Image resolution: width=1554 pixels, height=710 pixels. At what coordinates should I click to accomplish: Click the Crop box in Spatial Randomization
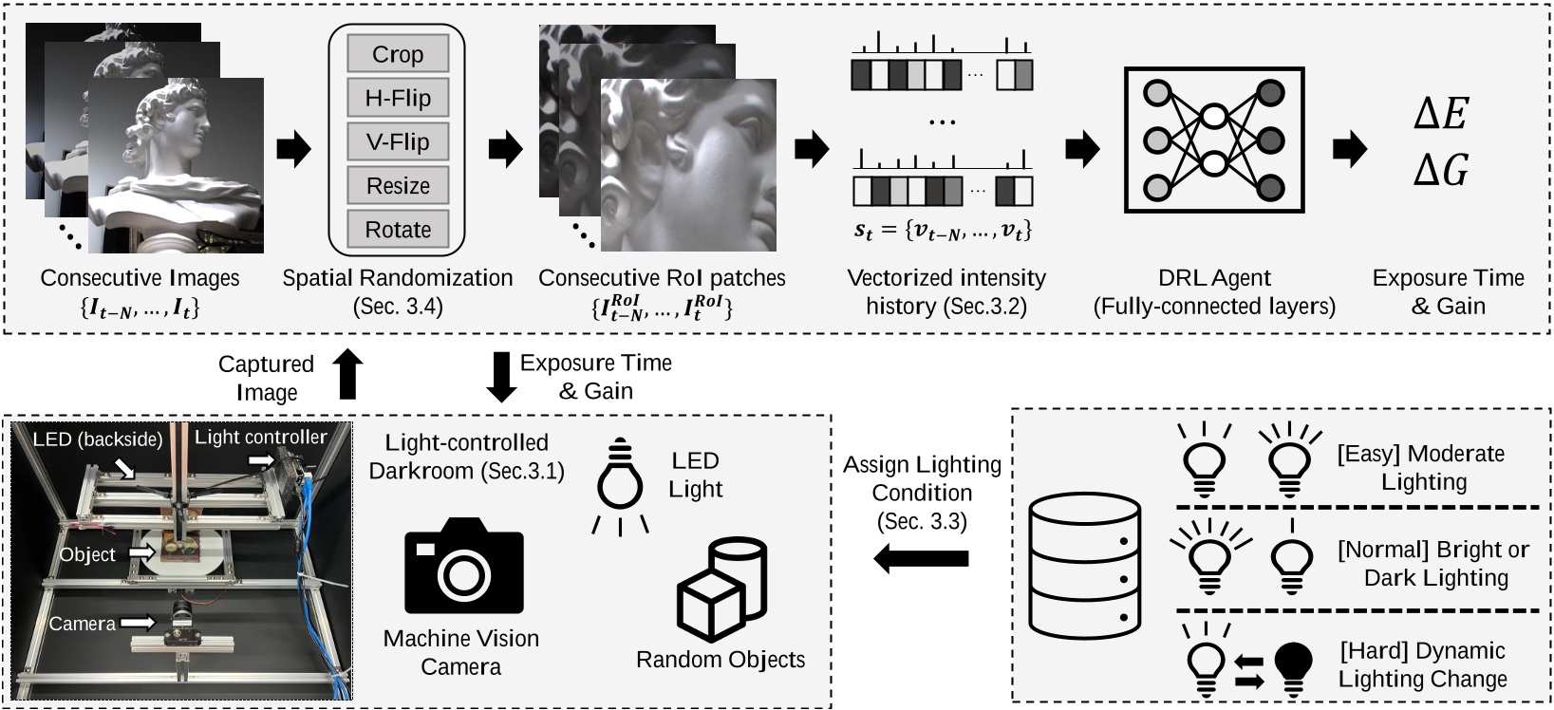pyautogui.click(x=397, y=54)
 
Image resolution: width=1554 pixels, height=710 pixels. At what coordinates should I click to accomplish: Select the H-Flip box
pyautogui.click(x=397, y=98)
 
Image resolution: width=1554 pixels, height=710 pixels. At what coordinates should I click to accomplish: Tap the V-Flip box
pyautogui.click(x=397, y=141)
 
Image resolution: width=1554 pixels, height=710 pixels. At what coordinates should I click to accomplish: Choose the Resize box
pyautogui.click(x=397, y=185)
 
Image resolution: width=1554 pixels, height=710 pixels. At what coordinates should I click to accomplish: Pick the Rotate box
pyautogui.click(x=397, y=229)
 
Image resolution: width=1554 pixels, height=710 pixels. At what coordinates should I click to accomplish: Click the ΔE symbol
pyautogui.click(x=1440, y=115)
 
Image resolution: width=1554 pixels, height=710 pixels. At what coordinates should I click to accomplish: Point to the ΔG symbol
pyautogui.click(x=1440, y=171)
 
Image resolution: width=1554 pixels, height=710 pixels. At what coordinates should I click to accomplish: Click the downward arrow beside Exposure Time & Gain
pyautogui.click(x=501, y=377)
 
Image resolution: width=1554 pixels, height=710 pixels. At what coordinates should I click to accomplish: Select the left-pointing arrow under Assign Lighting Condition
pyautogui.click(x=920, y=559)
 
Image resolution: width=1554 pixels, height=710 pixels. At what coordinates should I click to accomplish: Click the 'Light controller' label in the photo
pyautogui.click(x=260, y=437)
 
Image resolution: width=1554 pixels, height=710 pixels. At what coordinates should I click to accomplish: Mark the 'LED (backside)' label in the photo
pyautogui.click(x=98, y=439)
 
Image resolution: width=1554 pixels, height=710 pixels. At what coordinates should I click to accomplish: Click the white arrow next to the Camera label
pyautogui.click(x=137, y=623)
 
